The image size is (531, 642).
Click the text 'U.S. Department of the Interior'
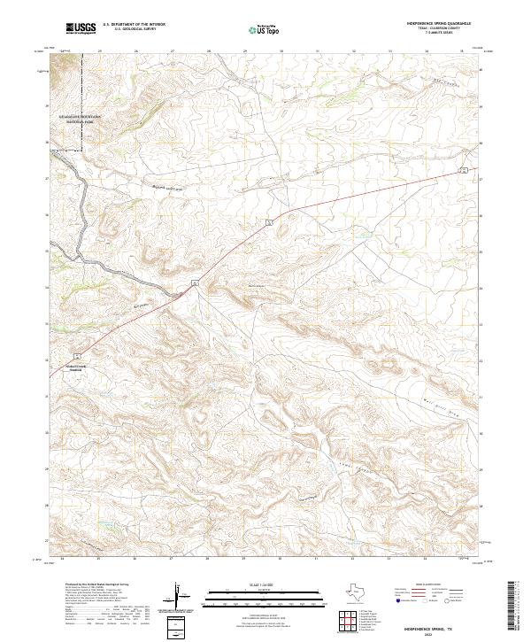coord(134,25)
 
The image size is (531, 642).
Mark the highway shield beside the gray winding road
coord(193,282)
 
